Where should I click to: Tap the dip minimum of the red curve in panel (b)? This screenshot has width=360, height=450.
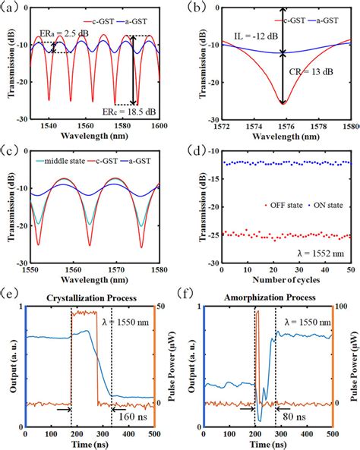pyautogui.click(x=283, y=103)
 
